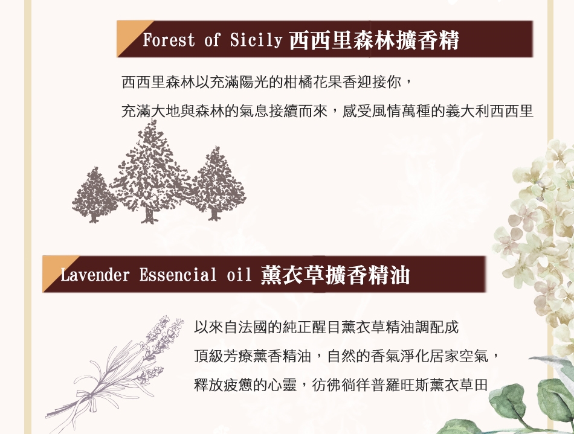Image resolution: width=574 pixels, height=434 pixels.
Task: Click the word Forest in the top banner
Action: (x=169, y=40)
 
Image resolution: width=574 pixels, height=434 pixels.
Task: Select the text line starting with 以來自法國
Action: (x=326, y=327)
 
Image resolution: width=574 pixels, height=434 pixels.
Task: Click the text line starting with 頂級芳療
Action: (x=346, y=356)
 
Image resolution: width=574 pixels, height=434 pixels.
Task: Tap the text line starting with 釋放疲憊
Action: (x=341, y=385)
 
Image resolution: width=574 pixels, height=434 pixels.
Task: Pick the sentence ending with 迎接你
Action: (x=267, y=82)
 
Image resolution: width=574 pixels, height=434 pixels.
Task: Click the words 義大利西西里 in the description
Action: (x=489, y=111)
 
